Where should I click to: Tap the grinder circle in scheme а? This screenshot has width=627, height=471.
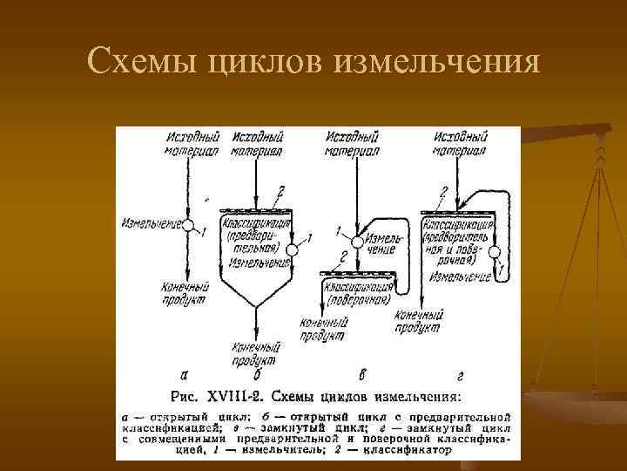click(186, 225)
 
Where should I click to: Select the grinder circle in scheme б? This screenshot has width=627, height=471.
click(292, 250)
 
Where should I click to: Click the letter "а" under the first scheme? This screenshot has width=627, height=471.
click(184, 375)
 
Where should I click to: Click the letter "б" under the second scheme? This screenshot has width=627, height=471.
click(257, 376)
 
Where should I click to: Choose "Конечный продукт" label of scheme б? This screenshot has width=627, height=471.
click(254, 353)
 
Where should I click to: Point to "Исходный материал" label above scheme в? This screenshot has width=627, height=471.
click(352, 143)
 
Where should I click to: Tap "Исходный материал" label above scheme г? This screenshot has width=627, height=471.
click(460, 143)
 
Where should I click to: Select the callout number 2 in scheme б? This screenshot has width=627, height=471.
click(280, 191)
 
